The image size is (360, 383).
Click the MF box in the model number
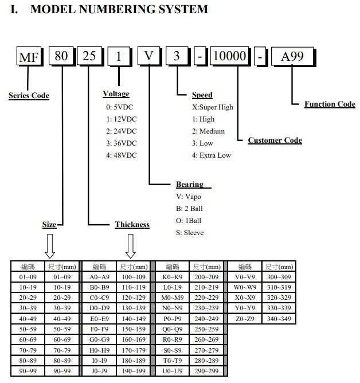(29, 57)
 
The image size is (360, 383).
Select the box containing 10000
(230, 56)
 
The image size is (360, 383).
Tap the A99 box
(292, 57)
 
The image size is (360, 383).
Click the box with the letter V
(149, 56)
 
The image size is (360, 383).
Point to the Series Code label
(29, 96)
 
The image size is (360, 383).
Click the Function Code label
(330, 104)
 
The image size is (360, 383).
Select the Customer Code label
(275, 140)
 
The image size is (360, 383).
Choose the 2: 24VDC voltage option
(122, 131)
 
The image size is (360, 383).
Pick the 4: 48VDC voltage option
(122, 155)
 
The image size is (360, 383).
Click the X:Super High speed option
(213, 107)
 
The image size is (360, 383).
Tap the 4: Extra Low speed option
(212, 155)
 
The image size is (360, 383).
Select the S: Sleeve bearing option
(190, 233)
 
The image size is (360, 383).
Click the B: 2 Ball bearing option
(189, 209)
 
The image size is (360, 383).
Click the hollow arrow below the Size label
(50, 246)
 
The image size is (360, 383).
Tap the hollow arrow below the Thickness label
(131, 246)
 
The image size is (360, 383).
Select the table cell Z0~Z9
(245, 319)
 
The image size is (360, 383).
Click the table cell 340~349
(279, 319)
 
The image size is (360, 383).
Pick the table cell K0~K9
(173, 277)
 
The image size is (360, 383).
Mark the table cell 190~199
(134, 371)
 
